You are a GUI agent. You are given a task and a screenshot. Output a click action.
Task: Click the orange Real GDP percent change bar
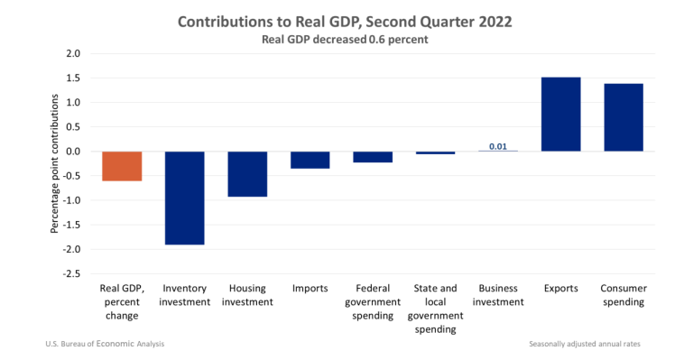pyautogui.click(x=121, y=166)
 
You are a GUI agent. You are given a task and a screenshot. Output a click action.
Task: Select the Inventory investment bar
pyautogui.click(x=184, y=198)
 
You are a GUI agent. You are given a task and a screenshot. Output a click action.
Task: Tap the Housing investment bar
pyautogui.click(x=246, y=173)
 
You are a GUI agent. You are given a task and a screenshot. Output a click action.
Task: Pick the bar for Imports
pyautogui.click(x=310, y=160)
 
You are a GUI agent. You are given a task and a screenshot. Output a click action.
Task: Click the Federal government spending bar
pyautogui.click(x=373, y=157)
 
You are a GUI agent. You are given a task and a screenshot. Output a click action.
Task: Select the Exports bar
pyautogui.click(x=560, y=114)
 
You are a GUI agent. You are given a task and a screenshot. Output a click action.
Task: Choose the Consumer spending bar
pyautogui.click(x=624, y=117)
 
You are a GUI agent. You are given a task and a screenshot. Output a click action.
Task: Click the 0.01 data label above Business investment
pyautogui.click(x=497, y=146)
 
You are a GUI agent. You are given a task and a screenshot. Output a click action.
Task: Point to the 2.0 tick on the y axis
pyautogui.click(x=73, y=54)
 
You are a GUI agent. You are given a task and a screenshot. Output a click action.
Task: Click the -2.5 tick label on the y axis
pyautogui.click(x=71, y=273)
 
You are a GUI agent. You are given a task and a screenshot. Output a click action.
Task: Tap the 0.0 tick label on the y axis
pyautogui.click(x=73, y=152)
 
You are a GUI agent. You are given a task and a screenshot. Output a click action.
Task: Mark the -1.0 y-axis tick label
pyautogui.click(x=71, y=200)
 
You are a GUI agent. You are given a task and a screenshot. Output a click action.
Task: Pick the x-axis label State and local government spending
pyautogui.click(x=435, y=309)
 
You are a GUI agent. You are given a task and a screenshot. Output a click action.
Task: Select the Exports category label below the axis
pyautogui.click(x=560, y=290)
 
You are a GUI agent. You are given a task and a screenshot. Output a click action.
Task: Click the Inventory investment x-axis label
pyautogui.click(x=184, y=296)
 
